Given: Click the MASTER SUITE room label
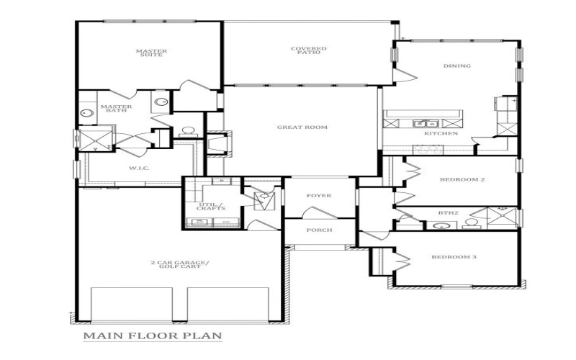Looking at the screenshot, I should click(151, 53).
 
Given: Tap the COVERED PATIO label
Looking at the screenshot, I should click(309, 50).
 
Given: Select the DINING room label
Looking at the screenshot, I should click(456, 66).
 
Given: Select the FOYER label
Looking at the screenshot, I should click(318, 195).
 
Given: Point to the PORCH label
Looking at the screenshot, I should click(319, 230).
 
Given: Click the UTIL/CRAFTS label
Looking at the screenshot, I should click(211, 207).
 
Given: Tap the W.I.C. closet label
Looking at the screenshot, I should click(138, 168).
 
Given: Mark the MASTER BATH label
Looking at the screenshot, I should click(116, 109).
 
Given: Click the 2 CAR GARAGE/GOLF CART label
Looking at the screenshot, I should click(179, 266).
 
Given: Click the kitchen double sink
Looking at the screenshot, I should click(423, 124).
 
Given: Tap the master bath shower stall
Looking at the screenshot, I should click(97, 139).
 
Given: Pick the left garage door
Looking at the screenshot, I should click(132, 305).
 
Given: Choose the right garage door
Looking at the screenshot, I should click(228, 305).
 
